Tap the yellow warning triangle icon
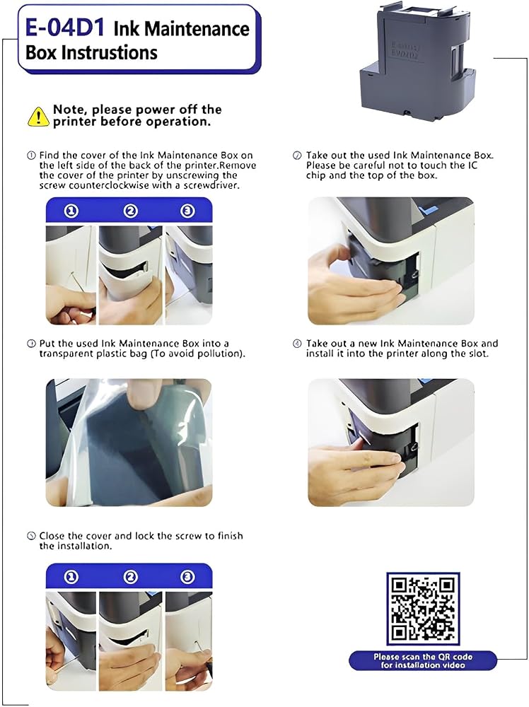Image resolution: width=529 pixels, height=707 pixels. [38, 117]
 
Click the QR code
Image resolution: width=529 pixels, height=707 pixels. [423, 608]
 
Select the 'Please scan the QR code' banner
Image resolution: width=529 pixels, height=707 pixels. [423, 660]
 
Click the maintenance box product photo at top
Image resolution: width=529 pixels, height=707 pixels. [417, 60]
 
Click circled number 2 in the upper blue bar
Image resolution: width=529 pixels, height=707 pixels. [131, 211]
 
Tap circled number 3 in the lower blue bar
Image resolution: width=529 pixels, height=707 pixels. [187, 577]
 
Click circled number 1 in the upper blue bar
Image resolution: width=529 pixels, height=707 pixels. [71, 211]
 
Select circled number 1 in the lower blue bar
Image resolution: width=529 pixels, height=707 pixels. [71, 577]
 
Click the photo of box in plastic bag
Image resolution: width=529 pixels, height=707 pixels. [129, 443]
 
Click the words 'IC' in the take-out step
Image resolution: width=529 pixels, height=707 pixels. [472, 165]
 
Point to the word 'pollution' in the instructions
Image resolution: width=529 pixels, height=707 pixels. [221, 353]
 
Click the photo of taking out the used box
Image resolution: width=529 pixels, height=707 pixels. [391, 261]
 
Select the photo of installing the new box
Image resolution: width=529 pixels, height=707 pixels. [391, 443]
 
